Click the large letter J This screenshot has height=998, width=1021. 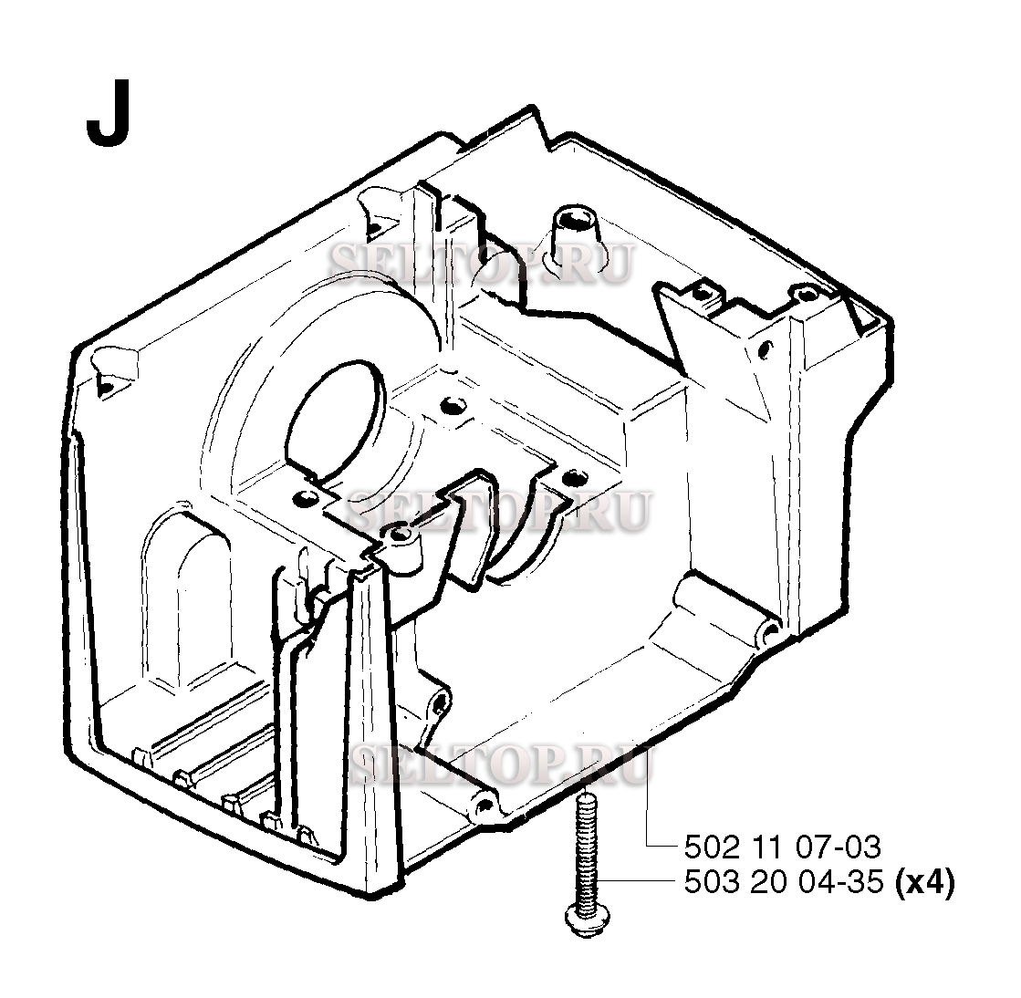pyautogui.click(x=109, y=114)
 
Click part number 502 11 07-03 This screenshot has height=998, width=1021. pyautogui.click(x=783, y=847)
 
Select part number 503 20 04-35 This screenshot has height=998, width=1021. pyautogui.click(x=784, y=883)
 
